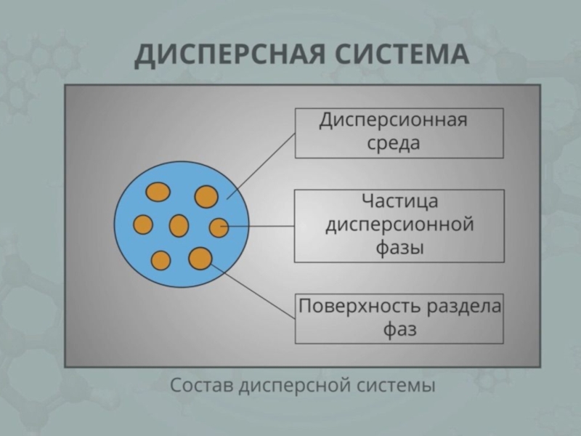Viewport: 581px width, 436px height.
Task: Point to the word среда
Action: tap(393, 143)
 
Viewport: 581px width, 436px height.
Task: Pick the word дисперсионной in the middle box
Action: tap(399, 225)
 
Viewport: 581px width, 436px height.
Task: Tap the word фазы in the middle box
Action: tap(399, 248)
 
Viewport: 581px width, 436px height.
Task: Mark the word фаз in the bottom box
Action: tap(399, 331)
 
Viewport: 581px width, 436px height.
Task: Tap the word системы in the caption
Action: tap(396, 385)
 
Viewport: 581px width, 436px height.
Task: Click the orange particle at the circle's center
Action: tap(179, 225)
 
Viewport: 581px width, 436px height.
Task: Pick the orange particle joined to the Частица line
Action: tap(218, 227)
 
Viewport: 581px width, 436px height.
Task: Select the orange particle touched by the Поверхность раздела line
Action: tap(200, 258)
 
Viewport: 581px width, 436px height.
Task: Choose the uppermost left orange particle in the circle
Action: tap(158, 192)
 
